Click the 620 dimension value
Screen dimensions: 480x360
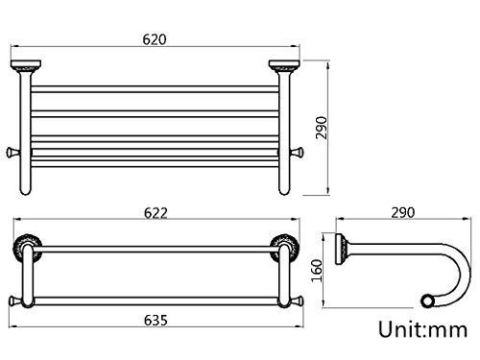[x=155, y=39]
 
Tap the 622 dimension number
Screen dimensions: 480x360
[x=156, y=213]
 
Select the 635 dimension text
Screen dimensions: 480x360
[x=156, y=320]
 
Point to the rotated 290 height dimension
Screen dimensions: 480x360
[x=322, y=128]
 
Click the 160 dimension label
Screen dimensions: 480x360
[x=317, y=271]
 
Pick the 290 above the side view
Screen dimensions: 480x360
[x=402, y=212]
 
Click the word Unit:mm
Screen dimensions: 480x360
[x=423, y=329]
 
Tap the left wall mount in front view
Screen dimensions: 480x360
[x=26, y=65]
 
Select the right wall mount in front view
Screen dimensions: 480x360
[x=284, y=65]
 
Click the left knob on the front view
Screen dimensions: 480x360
[x=12, y=153]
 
